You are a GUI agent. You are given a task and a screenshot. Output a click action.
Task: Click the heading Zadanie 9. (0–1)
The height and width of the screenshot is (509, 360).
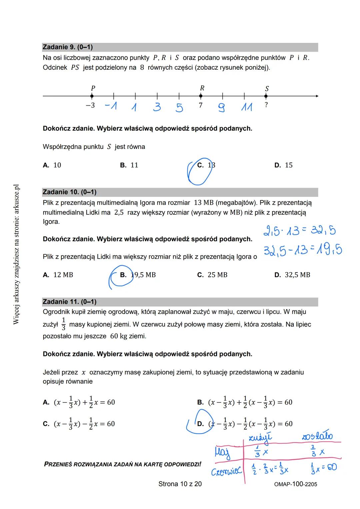(68, 47)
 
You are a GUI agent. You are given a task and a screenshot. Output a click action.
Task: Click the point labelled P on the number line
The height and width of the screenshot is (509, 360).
(92, 96)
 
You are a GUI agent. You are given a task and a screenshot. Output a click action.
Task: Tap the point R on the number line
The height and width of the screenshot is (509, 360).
(201, 96)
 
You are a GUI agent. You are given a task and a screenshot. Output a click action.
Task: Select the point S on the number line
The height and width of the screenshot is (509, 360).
(266, 96)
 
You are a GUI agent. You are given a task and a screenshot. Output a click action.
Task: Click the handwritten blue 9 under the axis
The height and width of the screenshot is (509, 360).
(221, 108)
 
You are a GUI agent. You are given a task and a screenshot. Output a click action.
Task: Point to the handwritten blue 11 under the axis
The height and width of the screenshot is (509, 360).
(247, 107)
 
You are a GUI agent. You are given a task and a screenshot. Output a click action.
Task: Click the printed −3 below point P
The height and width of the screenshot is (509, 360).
(90, 105)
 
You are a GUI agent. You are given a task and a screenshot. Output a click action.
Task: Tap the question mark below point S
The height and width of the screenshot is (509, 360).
(266, 105)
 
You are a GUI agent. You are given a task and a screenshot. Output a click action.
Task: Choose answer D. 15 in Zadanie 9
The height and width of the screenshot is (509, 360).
(283, 165)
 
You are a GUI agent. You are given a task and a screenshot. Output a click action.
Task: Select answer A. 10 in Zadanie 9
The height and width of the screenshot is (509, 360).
(52, 165)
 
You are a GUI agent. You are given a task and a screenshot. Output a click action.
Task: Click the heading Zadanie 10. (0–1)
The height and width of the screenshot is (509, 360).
(69, 192)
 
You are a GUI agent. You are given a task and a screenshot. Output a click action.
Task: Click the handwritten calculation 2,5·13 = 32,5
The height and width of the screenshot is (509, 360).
(299, 231)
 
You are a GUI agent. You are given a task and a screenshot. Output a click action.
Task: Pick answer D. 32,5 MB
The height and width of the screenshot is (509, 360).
(292, 275)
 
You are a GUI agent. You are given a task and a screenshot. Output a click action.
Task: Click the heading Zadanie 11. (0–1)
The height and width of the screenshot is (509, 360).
(69, 302)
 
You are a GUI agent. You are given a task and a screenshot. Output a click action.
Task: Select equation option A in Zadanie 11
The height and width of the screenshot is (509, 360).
(79, 402)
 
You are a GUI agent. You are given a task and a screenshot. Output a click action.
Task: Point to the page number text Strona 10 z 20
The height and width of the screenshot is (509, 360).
(180, 484)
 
